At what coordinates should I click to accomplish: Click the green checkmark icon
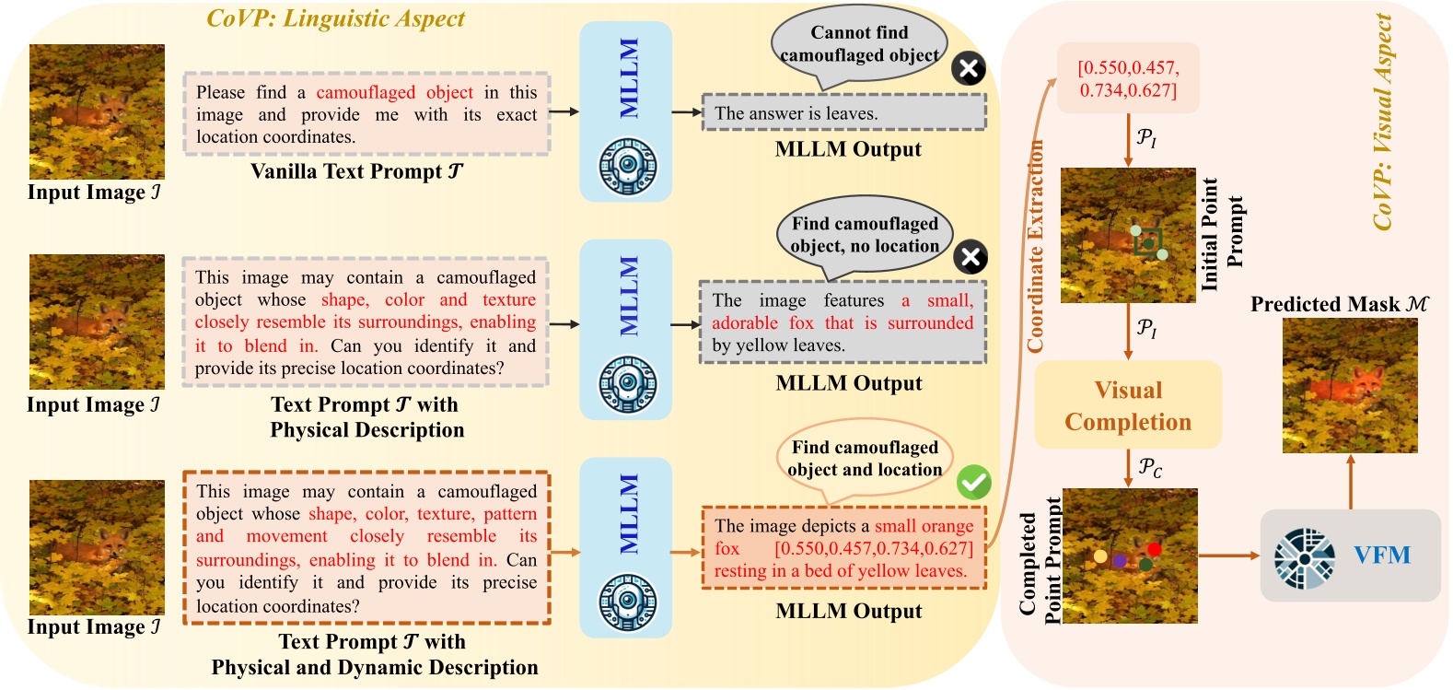coord(973,482)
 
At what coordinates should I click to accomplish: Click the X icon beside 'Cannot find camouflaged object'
coord(968,68)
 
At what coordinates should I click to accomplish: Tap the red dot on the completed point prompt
coord(1154,549)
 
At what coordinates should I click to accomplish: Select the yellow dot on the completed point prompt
coord(1100,556)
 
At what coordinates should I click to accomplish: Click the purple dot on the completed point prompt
coord(1120,560)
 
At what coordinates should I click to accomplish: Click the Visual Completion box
coord(1128,405)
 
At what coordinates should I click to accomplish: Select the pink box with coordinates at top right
coord(1128,78)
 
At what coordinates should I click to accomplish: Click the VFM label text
coord(1381,556)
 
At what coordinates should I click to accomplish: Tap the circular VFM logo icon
coord(1305,557)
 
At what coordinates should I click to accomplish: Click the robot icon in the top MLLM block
coord(628,167)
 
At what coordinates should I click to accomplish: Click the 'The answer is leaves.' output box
coord(843,113)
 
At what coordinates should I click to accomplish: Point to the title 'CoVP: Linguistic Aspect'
coord(335,18)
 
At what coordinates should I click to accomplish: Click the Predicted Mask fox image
coord(1350,385)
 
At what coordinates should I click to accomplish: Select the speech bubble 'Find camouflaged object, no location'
coord(865,235)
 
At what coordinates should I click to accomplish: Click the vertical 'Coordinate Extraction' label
coord(1035,247)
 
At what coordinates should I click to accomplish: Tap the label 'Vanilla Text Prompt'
coord(355,171)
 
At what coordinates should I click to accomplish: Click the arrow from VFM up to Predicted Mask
coord(1351,481)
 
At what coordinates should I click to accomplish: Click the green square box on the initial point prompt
coord(1147,241)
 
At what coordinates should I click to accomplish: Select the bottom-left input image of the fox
coord(97,547)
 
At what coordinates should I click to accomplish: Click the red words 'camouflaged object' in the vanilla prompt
coord(394,92)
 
